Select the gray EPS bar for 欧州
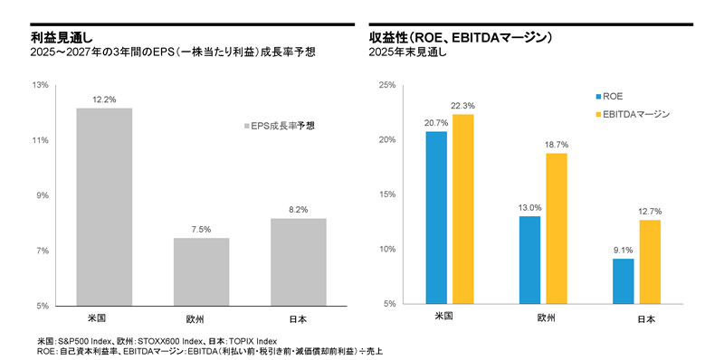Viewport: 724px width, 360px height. coord(201,271)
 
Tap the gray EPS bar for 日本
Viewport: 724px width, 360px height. coord(298,261)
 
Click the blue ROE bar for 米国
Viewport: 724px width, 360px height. coord(436,217)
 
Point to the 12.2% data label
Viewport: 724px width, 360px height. coord(104,99)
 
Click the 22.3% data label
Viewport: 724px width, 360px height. coord(464,106)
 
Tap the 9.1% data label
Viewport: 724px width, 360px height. coord(623,251)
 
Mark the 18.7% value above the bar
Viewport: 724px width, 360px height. coord(557,145)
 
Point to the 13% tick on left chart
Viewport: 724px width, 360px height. coord(40,86)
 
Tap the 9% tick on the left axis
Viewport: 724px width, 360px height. coord(42,195)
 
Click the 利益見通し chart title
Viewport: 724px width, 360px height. coord(53,39)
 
